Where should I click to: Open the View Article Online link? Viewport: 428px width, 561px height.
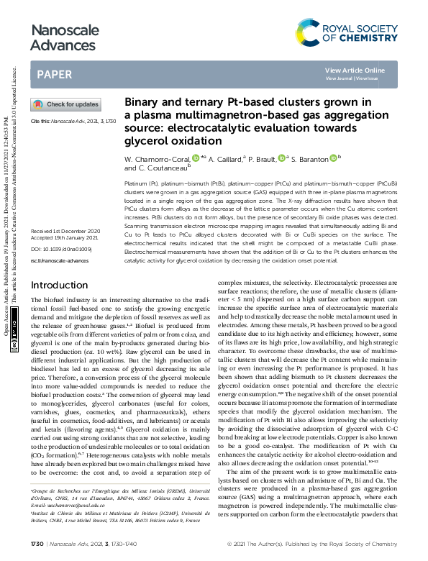pos(355,70)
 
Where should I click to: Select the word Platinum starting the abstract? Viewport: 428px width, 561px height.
pos(138,185)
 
